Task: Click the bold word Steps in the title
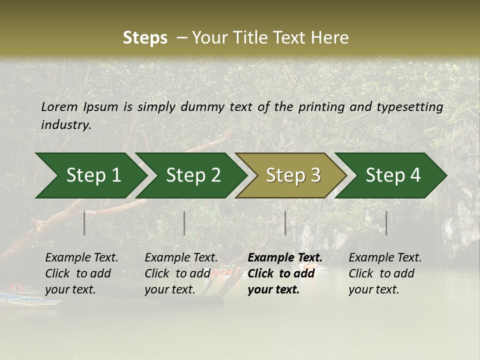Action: point(145,38)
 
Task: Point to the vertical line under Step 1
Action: point(84,223)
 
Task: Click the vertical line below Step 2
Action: point(184,223)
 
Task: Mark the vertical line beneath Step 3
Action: point(285,223)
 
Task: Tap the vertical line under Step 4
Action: point(386,223)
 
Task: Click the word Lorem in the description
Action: point(59,107)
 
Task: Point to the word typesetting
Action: point(409,107)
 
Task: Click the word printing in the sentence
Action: point(321,107)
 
